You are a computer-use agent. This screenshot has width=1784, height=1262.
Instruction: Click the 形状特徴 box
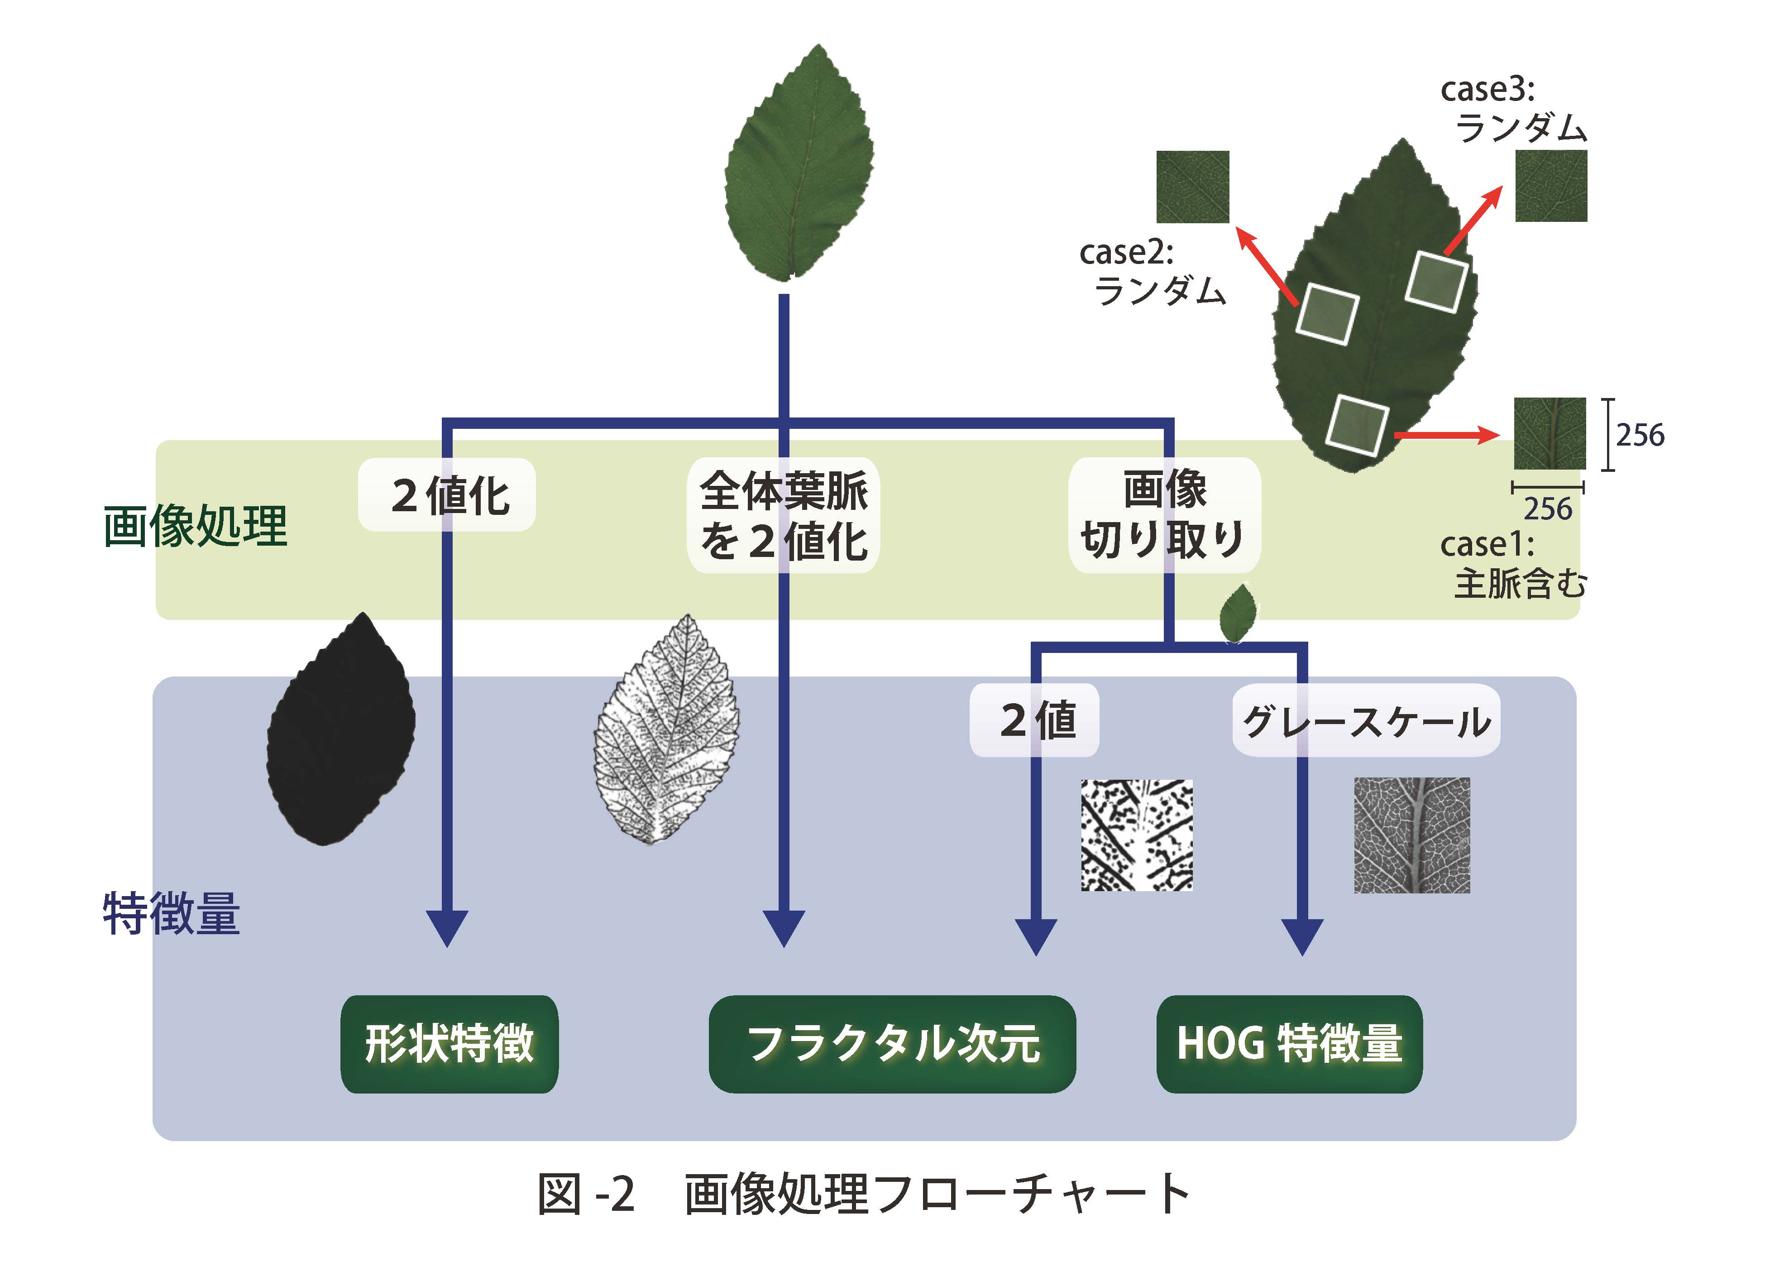(449, 1044)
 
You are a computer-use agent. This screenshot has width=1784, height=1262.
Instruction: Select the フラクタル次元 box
(892, 1044)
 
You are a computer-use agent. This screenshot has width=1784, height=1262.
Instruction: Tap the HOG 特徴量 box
(1289, 1044)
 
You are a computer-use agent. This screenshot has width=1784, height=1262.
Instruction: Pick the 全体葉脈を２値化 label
(783, 515)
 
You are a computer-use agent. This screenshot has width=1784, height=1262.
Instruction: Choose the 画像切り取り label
(1164, 515)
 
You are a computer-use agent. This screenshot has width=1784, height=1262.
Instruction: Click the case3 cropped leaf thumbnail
(1551, 187)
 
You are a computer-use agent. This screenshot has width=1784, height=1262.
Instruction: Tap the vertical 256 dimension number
(1640, 435)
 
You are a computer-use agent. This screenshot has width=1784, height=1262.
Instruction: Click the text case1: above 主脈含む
(1487, 545)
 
